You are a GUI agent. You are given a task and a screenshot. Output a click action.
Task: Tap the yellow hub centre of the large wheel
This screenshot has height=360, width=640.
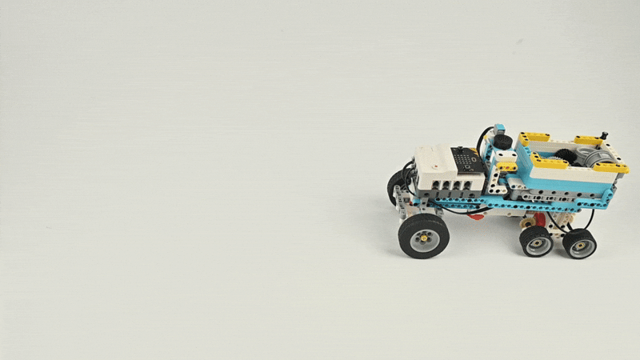423,238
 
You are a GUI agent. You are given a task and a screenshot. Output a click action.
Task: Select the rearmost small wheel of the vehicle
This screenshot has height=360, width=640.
579,243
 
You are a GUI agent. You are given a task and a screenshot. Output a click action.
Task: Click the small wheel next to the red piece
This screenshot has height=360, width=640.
535,241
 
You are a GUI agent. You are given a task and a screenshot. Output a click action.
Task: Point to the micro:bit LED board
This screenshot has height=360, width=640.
466,161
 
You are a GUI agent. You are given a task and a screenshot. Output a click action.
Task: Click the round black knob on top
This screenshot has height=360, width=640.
502,142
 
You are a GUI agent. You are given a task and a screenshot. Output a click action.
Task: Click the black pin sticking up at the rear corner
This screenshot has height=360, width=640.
604,136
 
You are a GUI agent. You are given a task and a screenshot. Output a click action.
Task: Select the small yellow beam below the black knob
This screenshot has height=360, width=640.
506,166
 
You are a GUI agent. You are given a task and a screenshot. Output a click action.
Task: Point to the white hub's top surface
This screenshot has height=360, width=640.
436,151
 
